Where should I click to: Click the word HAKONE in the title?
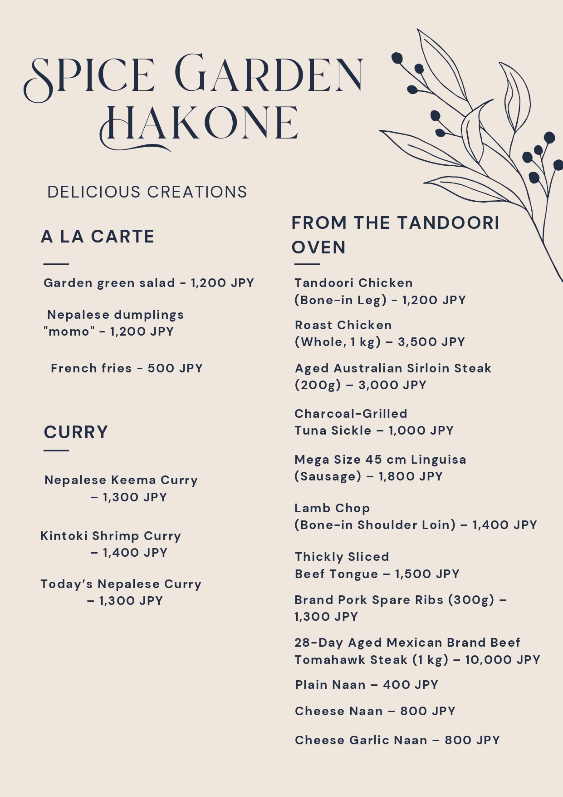200,124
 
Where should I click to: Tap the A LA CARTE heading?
98,237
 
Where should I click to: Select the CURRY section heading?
76,432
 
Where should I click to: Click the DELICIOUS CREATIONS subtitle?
147,192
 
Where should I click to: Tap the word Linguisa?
438,460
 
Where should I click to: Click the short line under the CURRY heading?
56,450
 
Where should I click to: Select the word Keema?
134,480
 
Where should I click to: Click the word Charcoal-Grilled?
351,414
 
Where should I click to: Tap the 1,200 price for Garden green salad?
208,283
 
